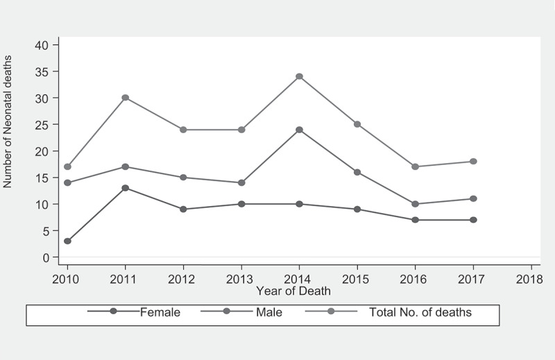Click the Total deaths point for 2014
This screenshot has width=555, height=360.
(300, 76)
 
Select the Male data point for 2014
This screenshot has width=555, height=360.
(300, 130)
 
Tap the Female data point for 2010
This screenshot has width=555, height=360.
(67, 241)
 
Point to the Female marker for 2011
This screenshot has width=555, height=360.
(126, 188)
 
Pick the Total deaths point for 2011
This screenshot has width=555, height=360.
(126, 98)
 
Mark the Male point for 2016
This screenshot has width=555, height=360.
(415, 204)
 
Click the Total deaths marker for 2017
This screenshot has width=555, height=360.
(473, 162)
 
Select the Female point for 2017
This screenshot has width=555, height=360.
(473, 220)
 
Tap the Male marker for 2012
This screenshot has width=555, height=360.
(183, 178)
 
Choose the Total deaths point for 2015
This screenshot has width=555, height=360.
(357, 124)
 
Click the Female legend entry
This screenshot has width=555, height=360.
(134, 312)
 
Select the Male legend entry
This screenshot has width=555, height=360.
(241, 312)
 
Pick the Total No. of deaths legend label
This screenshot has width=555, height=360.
(420, 312)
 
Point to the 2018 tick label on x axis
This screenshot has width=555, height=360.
(529, 280)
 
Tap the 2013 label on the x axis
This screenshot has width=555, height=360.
(239, 280)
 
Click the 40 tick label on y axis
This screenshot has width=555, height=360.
(42, 45)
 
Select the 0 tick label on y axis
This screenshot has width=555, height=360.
(46, 258)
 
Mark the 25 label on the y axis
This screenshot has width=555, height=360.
(42, 125)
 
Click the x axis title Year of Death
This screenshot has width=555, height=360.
(293, 291)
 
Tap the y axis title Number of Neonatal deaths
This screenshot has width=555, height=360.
(8, 121)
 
